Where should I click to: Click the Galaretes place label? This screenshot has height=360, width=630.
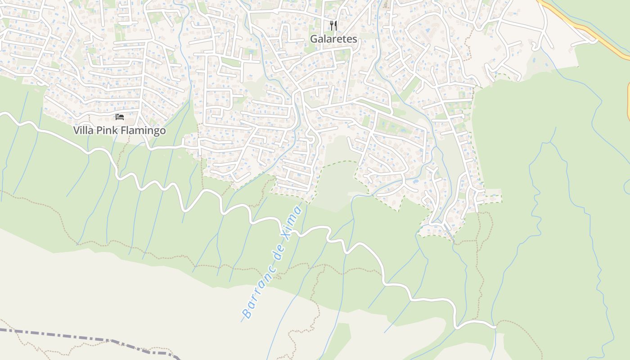click(x=333, y=39)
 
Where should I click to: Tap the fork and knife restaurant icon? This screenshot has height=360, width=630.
click(x=333, y=25)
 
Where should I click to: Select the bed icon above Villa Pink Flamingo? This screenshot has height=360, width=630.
click(x=119, y=117)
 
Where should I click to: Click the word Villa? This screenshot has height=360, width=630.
click(x=84, y=130)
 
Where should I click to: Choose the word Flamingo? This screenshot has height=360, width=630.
click(x=143, y=130)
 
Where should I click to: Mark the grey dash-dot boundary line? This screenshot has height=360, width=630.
click(x=90, y=338)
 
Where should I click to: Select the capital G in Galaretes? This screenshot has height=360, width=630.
click(x=314, y=39)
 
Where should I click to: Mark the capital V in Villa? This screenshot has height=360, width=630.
click(x=77, y=130)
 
